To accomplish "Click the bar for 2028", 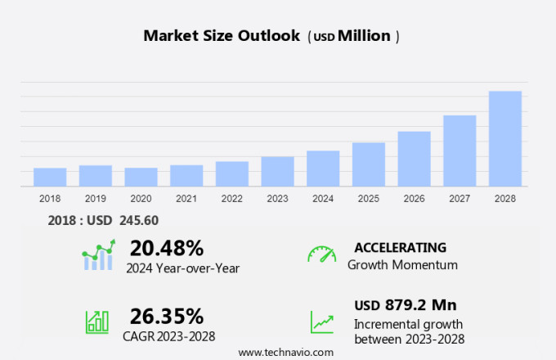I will point(504,138).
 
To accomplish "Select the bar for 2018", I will point(50,177).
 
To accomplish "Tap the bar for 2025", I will point(368,164).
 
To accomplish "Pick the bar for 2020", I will point(141,177).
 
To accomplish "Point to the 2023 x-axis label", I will point(277,198).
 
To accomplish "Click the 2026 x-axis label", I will point(414,198).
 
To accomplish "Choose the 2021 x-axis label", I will point(186,198).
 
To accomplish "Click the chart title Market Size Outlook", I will point(221,36).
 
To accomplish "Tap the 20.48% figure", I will point(167,247).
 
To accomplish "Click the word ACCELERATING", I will point(400,247).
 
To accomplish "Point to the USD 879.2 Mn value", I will point(405,305).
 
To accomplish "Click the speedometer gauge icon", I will point(321,254).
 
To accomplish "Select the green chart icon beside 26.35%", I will point(97,321).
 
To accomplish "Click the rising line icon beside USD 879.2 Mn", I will point(321,321).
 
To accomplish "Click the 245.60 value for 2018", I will point(138,219).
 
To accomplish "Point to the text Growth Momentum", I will point(402,265).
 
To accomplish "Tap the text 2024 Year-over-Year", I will point(182,267).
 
